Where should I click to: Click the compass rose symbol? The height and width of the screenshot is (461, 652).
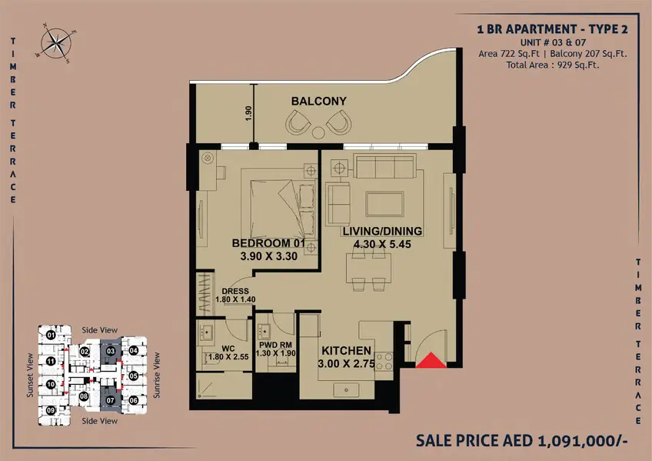(x=55, y=43)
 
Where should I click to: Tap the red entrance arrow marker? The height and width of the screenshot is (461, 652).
(x=431, y=360)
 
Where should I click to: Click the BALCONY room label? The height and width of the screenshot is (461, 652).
(x=318, y=101)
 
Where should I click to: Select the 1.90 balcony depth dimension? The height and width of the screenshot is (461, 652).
(x=248, y=113)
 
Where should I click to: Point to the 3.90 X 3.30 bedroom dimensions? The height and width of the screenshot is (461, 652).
(x=268, y=256)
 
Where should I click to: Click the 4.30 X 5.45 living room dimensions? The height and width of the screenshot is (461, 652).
(x=382, y=244)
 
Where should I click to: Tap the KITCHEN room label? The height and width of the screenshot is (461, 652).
(x=346, y=351)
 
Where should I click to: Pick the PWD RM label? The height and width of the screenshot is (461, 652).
(x=275, y=345)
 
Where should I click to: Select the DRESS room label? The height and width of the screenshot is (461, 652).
(x=235, y=291)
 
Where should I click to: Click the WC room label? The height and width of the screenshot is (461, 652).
(x=228, y=349)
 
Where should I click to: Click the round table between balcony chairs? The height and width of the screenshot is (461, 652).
(x=318, y=132)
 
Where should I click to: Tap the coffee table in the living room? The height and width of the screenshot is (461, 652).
(x=384, y=204)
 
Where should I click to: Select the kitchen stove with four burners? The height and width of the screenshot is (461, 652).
(x=384, y=361)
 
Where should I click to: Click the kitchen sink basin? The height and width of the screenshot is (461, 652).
(x=346, y=390)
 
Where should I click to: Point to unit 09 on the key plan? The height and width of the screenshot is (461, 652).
(x=51, y=410)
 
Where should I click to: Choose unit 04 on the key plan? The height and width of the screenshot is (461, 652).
(x=133, y=350)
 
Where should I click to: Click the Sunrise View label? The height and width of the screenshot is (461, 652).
(x=156, y=375)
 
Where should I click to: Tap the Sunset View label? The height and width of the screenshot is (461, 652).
(x=29, y=375)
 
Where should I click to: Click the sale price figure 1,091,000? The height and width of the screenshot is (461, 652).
(x=583, y=440)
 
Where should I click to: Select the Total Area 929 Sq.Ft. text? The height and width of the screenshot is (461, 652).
(x=553, y=65)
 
